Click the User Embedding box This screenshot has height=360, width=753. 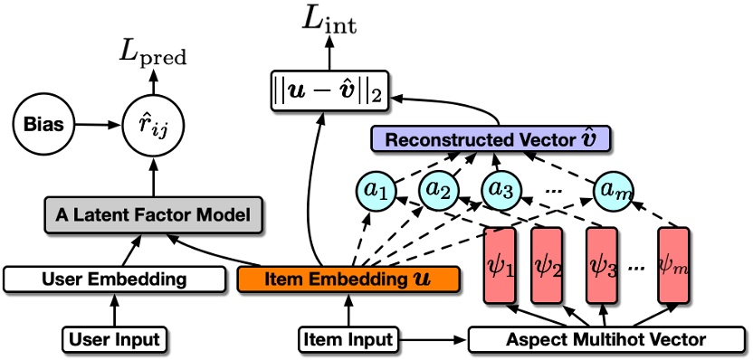pos(114,279)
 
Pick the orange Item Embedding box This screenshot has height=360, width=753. pos(349,279)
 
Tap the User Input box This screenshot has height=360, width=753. pos(114,339)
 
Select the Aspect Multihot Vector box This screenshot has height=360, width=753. pos(601,339)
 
